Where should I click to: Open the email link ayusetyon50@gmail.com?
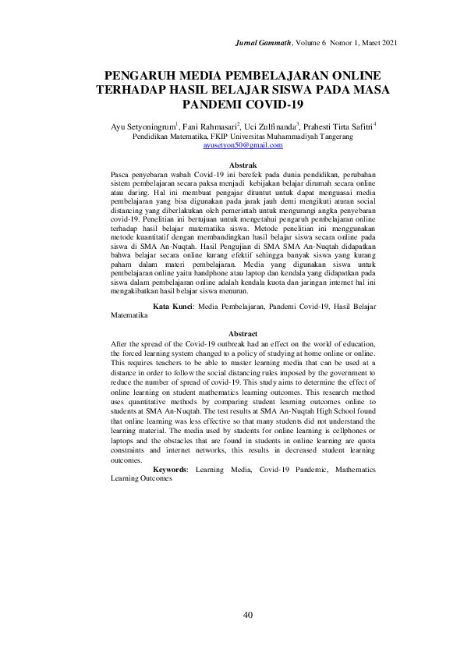[x=243, y=145]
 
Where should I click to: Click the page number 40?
[x=247, y=615]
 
